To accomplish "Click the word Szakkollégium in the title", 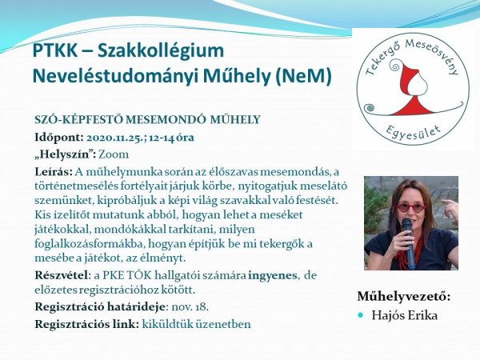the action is click(161, 51).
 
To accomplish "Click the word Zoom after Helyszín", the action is click(114, 154).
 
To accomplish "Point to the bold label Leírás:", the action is click(54, 171).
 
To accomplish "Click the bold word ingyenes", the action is click(273, 275).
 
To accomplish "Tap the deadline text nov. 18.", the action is click(190, 306).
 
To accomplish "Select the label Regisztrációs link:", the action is click(87, 324).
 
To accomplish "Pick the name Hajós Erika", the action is click(404, 315).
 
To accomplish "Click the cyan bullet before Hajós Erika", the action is click(361, 315).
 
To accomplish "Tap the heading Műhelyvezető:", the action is click(404, 296).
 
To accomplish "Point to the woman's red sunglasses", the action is click(411, 208).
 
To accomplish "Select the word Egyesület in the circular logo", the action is click(413, 133).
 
